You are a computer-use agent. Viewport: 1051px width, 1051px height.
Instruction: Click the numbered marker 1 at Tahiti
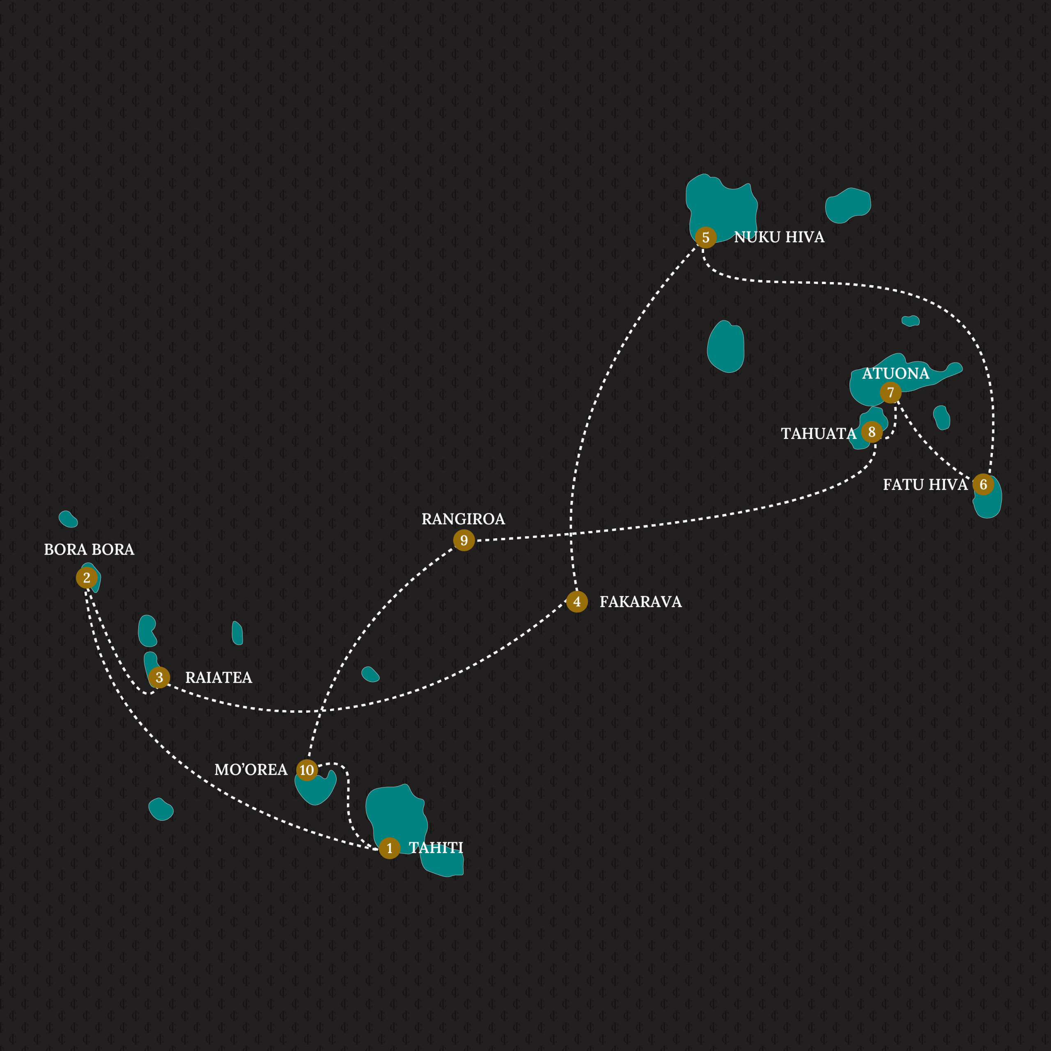click(390, 848)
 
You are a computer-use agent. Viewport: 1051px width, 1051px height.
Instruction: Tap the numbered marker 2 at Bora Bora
click(87, 578)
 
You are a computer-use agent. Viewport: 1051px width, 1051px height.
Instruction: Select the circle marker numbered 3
click(159, 677)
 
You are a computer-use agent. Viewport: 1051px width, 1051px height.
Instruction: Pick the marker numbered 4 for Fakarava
click(577, 602)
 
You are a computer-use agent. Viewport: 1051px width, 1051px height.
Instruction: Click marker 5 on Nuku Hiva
click(706, 238)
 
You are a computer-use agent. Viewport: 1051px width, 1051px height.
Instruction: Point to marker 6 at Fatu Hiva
click(983, 484)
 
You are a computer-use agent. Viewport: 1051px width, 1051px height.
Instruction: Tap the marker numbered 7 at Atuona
click(890, 392)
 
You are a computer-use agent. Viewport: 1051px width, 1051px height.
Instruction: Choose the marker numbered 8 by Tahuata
click(872, 432)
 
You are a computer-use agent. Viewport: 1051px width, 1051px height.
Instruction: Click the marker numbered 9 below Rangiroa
click(464, 540)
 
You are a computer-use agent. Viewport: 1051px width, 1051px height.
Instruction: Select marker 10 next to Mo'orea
click(307, 770)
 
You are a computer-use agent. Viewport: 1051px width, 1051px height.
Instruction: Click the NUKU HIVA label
click(779, 237)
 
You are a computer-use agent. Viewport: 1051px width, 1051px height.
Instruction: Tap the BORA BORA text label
click(89, 549)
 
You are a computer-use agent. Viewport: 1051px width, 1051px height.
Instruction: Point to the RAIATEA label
click(219, 677)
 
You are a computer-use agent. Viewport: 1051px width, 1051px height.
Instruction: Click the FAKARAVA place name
click(640, 602)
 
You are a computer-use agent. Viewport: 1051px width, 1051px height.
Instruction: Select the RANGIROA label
click(464, 519)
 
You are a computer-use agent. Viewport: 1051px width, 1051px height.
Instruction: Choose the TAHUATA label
click(819, 434)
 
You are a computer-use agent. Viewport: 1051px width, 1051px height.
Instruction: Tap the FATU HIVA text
click(925, 485)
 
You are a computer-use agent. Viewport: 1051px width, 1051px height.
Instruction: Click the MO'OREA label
click(251, 770)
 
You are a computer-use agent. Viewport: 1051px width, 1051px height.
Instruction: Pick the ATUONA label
click(895, 373)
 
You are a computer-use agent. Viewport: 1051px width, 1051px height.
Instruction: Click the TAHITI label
click(436, 847)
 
